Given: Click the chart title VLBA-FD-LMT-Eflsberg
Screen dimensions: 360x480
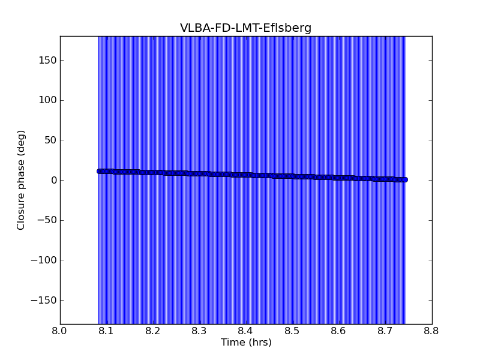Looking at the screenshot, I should tap(245, 28).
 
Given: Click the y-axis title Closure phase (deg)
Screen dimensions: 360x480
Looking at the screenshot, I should tap(21, 180).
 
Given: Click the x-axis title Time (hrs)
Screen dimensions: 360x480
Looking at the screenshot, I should tap(246, 343).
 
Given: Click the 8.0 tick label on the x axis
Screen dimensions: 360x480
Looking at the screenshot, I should tap(60, 331).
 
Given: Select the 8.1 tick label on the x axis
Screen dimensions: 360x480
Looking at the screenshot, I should tap(106, 331).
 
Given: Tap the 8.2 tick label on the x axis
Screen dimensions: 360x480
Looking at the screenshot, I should tap(153, 331).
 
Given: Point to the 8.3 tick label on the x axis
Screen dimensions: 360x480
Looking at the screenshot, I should tap(199, 331).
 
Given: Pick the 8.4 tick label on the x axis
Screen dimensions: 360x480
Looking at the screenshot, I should tap(246, 331).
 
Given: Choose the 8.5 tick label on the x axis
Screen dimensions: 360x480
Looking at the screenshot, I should tap(292, 331).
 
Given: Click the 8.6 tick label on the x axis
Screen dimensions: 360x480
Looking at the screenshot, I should tap(339, 331).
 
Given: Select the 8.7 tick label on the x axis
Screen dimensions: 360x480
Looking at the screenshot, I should tap(385, 331).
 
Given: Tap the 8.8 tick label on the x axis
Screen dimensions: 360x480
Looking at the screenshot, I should tap(432, 331).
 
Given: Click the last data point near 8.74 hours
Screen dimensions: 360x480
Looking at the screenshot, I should tap(404, 179).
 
